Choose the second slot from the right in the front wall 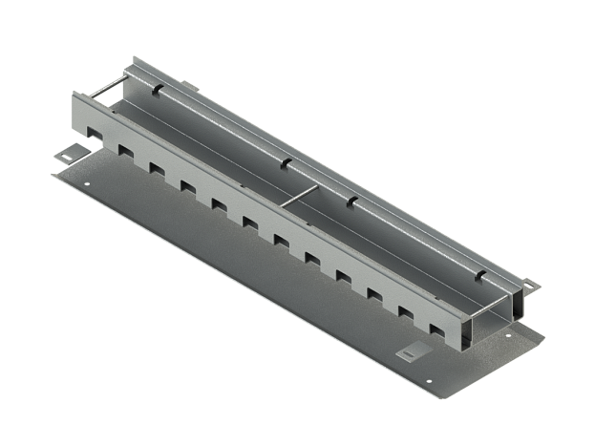406,312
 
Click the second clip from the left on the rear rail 285,163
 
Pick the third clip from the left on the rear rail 351,200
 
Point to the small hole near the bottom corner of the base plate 429,383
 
